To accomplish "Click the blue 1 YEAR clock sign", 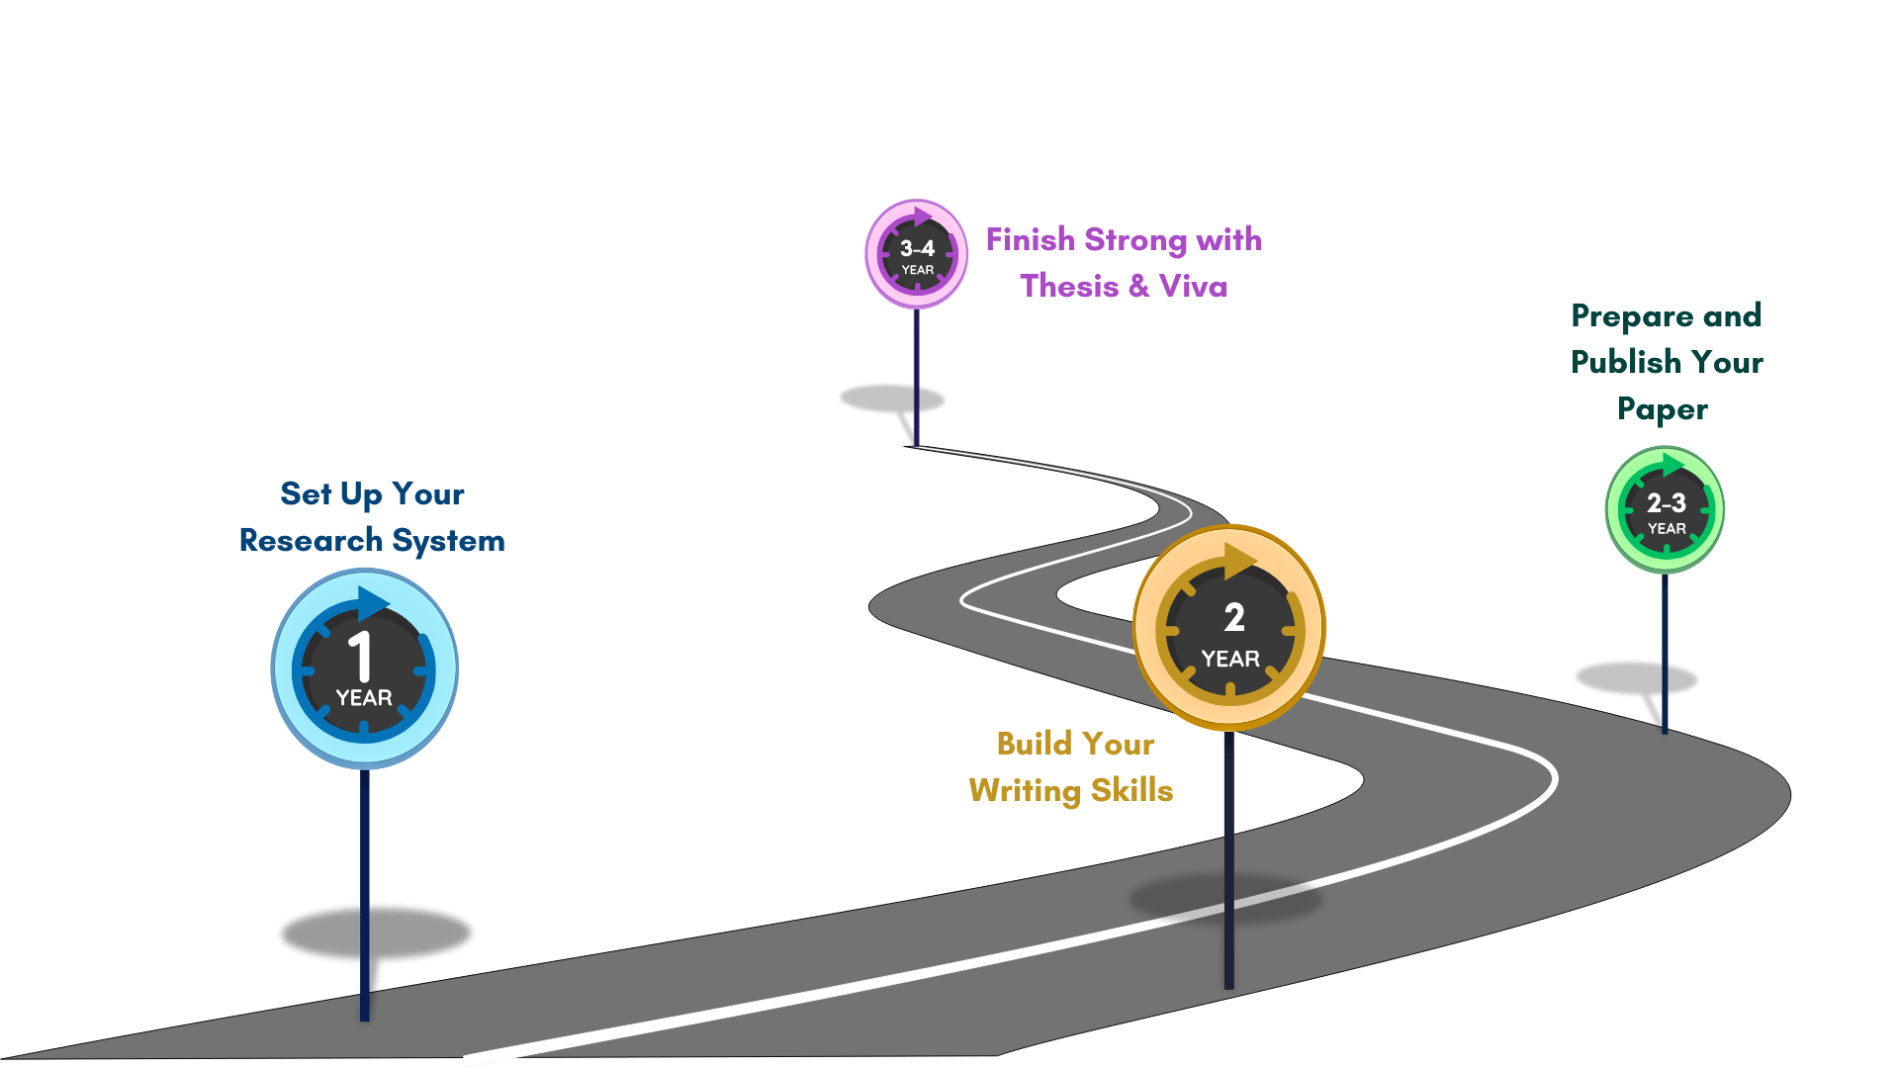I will point(364,667).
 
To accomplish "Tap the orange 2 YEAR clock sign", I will point(1229,628).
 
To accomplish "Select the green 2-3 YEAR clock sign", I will point(1666,510).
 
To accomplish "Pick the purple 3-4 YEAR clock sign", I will point(917,254).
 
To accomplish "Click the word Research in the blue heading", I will point(311,540).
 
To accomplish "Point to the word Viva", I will point(1193,286).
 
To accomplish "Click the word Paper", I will point(1663,409).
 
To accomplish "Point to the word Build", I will point(1034,744).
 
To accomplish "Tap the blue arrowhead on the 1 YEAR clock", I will point(373,601).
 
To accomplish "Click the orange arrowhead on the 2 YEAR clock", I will point(1239,560).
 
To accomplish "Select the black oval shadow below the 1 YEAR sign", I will point(376,932).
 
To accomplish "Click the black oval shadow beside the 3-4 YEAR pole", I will point(890,399).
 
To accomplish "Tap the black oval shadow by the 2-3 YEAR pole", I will point(1635,678).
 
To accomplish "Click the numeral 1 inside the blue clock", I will point(361,655).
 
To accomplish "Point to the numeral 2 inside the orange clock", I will point(1234,618).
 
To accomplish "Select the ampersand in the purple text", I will point(1138,286).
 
